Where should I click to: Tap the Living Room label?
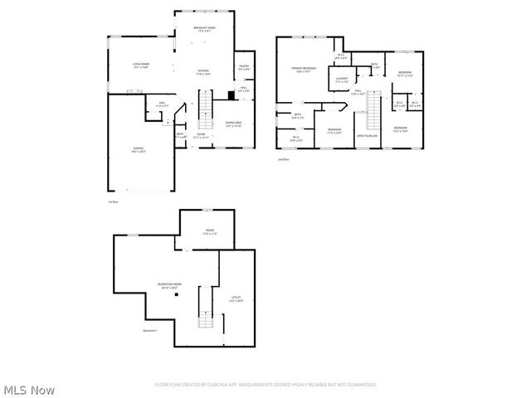140,66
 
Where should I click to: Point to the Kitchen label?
203,73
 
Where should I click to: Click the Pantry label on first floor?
246,67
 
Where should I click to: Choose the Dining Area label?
233,124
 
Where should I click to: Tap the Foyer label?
201,137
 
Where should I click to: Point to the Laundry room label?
342,81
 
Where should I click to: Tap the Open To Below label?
368,135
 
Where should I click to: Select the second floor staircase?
373,109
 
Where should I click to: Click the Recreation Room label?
170,286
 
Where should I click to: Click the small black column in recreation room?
164,303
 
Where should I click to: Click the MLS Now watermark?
29,390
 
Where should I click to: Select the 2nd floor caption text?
284,160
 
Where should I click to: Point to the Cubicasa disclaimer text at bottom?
265,385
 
